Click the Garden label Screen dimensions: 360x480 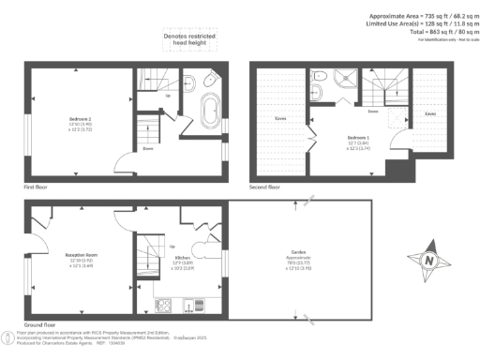coord(298,252)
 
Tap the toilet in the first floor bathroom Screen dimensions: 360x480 coord(188,81)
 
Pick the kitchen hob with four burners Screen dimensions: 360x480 coord(164,303)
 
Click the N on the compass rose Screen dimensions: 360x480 coord(429,260)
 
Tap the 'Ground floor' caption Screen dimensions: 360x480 coord(42,323)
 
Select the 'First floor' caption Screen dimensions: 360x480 coord(37,187)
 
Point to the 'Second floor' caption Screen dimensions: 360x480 coord(265,187)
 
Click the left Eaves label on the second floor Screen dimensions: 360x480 coord(280,119)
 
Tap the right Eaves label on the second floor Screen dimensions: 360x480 coord(429,113)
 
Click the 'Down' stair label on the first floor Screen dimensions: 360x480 coord(148,148)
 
